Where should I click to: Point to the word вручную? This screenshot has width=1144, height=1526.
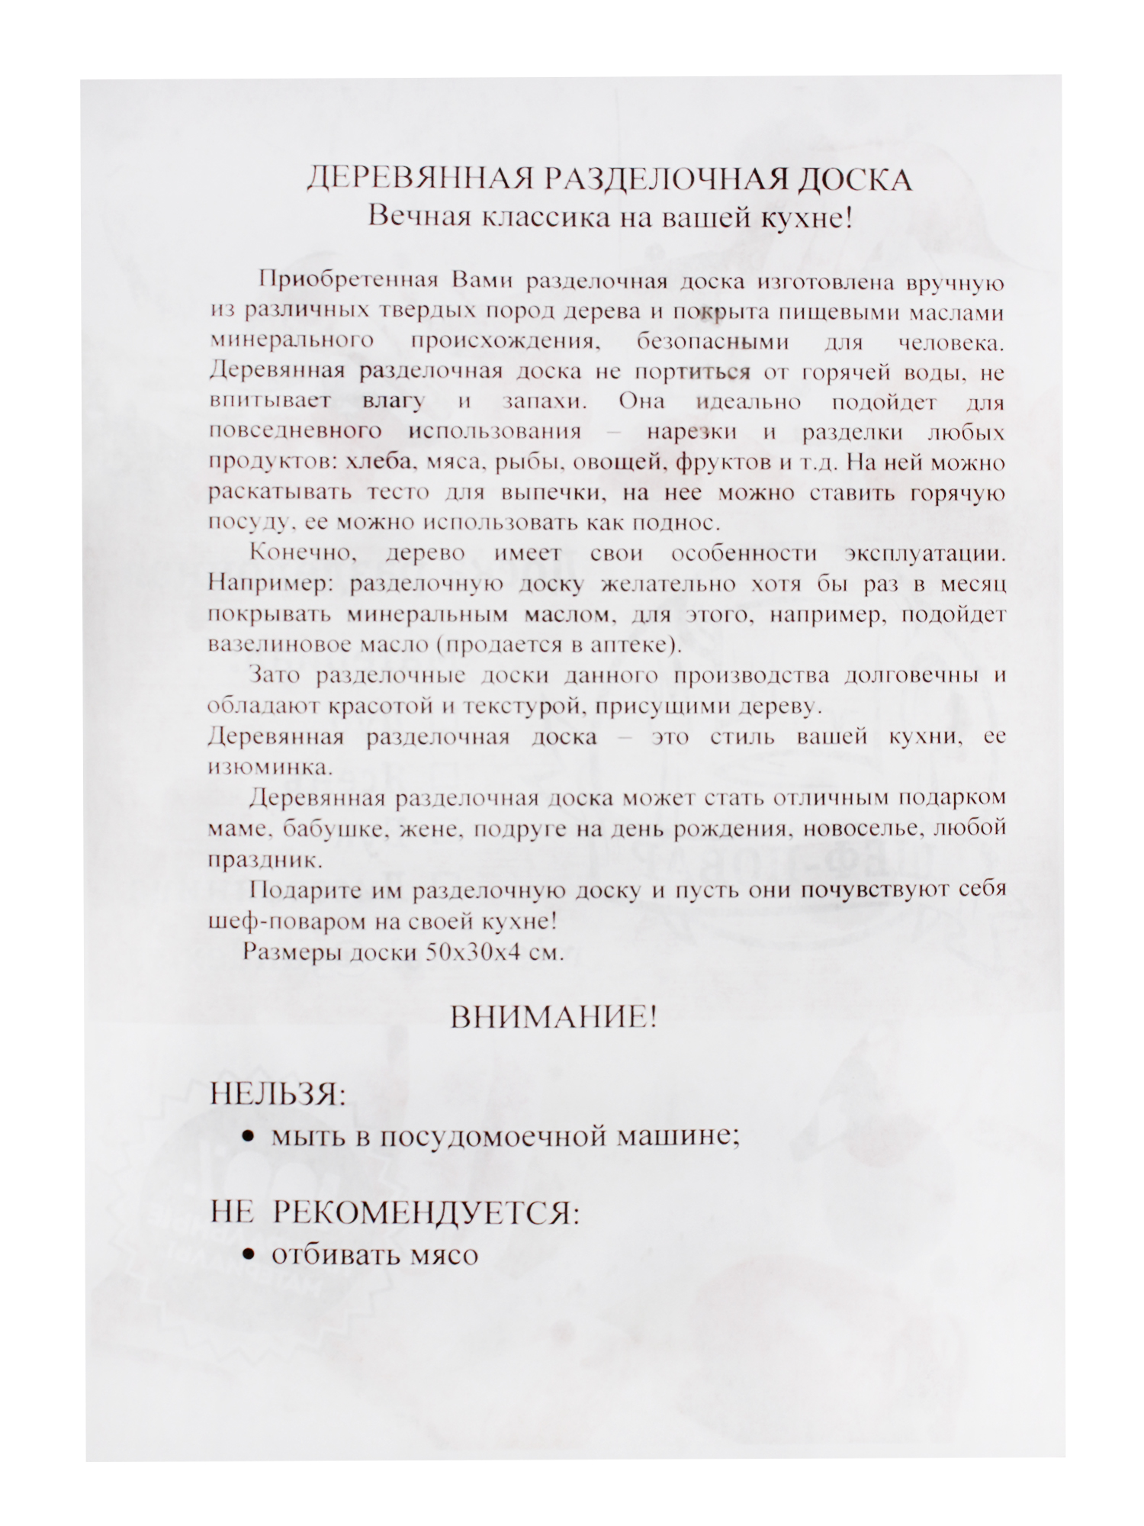coord(955,282)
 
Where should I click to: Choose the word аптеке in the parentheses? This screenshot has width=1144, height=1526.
coord(630,645)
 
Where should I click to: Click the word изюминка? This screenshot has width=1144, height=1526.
coord(271,767)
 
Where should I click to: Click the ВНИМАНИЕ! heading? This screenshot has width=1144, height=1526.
coord(554,1017)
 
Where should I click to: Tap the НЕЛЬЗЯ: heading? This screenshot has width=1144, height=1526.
coord(278,1096)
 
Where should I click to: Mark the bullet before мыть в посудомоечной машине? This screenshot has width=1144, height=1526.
coord(247,1138)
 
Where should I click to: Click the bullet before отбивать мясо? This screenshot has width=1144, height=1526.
coord(247,1255)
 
